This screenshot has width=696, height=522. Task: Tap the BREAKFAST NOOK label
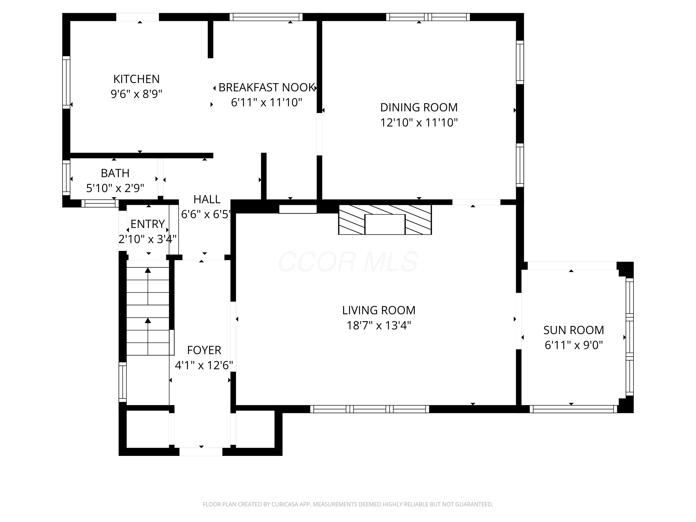(x=267, y=87)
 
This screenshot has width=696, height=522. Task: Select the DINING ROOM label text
(x=419, y=108)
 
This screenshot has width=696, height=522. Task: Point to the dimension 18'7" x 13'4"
(x=379, y=325)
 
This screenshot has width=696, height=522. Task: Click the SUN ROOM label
(x=574, y=330)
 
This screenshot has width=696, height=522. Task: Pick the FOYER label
(x=204, y=350)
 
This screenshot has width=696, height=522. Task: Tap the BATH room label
(x=115, y=173)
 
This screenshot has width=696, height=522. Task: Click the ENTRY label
(x=148, y=224)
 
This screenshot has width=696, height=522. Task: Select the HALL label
(x=207, y=199)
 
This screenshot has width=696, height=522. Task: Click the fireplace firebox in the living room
(x=385, y=224)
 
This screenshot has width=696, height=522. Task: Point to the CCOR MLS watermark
(x=348, y=262)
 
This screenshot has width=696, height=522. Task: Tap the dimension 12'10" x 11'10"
(x=419, y=122)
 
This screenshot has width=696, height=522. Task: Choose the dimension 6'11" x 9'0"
(x=574, y=345)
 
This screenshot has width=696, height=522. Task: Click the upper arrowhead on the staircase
(x=148, y=270)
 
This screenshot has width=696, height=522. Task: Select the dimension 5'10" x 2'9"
(x=115, y=188)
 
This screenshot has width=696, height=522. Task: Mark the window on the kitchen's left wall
(x=66, y=82)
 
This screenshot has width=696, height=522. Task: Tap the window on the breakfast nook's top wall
(x=266, y=17)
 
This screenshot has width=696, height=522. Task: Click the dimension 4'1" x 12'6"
(x=204, y=365)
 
